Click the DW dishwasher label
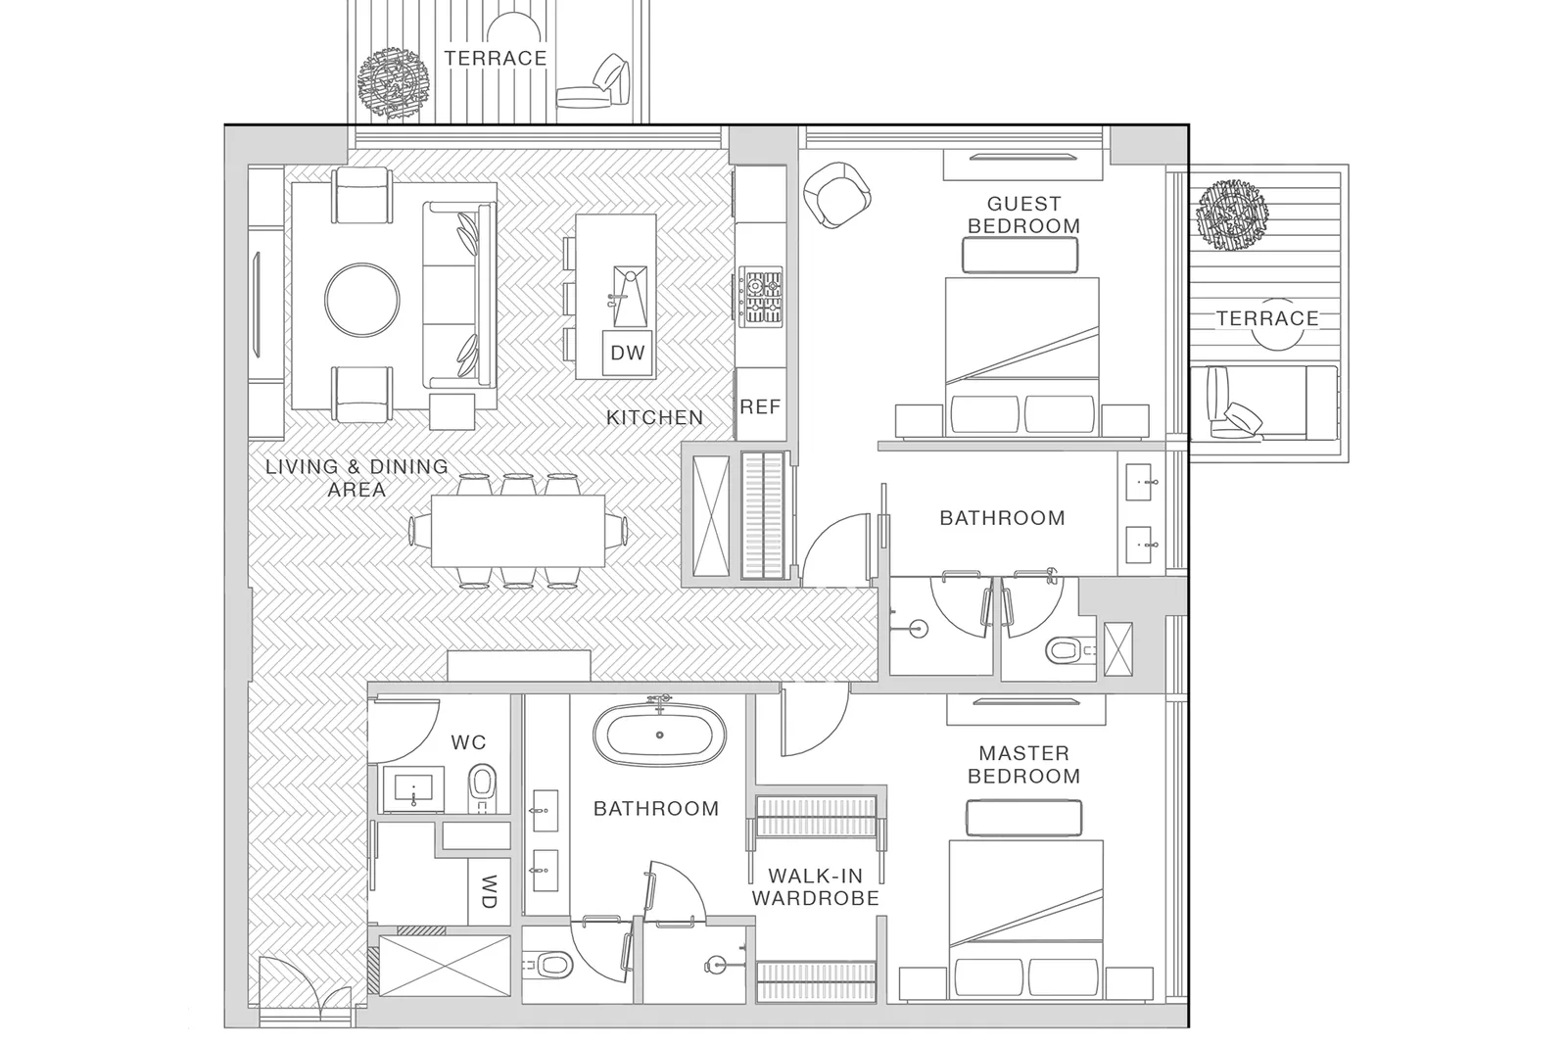point(628,353)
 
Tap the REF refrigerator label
point(760,406)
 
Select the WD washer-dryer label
point(489,891)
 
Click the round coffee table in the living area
point(362,300)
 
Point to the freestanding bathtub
point(660,735)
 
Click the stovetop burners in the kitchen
point(761,297)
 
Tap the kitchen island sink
point(630,297)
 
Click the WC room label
point(469,742)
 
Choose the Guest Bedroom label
point(1024,214)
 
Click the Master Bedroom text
point(1024,765)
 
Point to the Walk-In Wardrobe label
point(816,887)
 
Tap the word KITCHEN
point(655,417)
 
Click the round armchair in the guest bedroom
point(836,195)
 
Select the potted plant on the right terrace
point(1231,215)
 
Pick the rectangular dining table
point(518,531)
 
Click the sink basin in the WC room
point(413,789)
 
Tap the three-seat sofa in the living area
point(459,295)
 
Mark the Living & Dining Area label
point(356,478)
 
